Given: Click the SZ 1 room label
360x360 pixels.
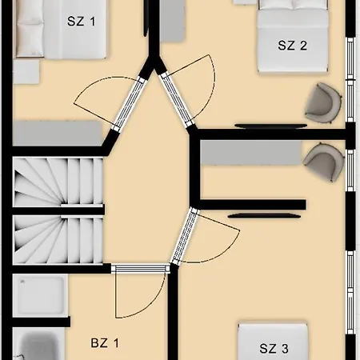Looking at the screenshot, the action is (x=81, y=22).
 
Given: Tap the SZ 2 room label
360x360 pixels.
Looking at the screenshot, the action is (x=292, y=46).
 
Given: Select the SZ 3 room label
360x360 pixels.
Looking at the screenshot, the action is (x=274, y=348).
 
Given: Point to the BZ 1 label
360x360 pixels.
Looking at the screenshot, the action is (x=105, y=342).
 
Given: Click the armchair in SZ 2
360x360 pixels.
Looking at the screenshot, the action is (x=323, y=103).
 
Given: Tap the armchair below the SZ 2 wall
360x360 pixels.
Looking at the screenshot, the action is (x=323, y=162).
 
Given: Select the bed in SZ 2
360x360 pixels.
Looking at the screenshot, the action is (x=293, y=36).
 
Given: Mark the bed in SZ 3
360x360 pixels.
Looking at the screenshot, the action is (x=273, y=342).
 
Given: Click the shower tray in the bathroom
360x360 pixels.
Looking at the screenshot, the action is (x=39, y=295).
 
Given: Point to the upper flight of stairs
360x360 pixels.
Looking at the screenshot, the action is (x=58, y=182).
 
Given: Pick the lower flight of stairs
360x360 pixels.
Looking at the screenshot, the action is (x=58, y=239).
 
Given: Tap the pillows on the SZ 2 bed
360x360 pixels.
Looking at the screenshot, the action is (x=293, y=4).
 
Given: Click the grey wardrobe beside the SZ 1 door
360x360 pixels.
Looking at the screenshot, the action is (x=57, y=134).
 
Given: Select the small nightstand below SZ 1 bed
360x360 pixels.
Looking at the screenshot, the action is (x=26, y=71).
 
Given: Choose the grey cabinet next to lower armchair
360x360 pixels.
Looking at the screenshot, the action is (x=250, y=153).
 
